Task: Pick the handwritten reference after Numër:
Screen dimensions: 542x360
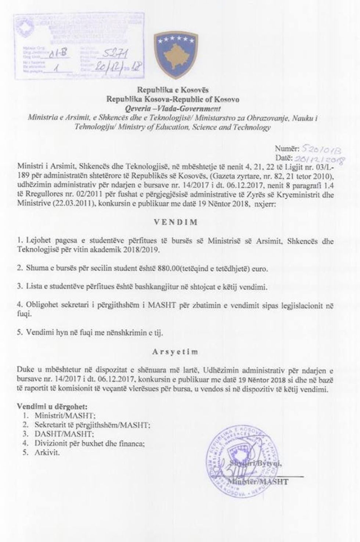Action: (x=321, y=149)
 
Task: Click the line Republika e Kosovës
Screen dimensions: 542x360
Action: (x=173, y=90)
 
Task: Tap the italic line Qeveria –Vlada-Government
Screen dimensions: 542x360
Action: (x=173, y=109)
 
